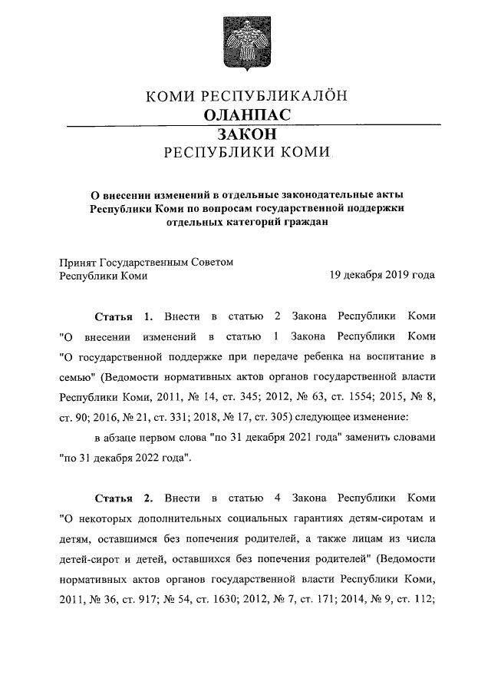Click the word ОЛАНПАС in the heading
pos(245,114)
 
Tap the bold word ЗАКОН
pos(245,134)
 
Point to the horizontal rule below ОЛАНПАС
pos(245,124)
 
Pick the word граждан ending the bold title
pos(306,223)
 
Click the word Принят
pos(79,261)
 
